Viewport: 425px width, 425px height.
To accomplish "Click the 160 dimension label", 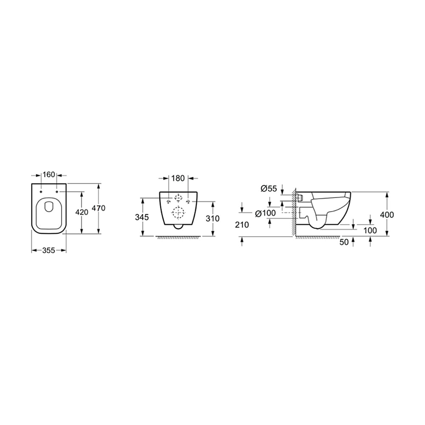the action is (x=49, y=175).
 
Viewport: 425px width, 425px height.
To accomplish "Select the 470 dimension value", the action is (x=99, y=208).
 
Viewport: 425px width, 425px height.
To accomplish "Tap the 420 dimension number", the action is (x=82, y=212).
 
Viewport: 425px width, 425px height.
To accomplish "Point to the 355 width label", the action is (x=49, y=251).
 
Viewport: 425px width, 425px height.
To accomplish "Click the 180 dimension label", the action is (x=178, y=178).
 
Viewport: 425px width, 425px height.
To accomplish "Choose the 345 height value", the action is (x=142, y=217).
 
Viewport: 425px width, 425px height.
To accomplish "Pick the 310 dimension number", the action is (x=213, y=218).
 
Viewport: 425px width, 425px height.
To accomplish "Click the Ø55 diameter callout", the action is (x=269, y=188).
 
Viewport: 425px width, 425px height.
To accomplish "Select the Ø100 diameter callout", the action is (x=266, y=213).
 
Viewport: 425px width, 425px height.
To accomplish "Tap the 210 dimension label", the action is (x=242, y=225).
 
